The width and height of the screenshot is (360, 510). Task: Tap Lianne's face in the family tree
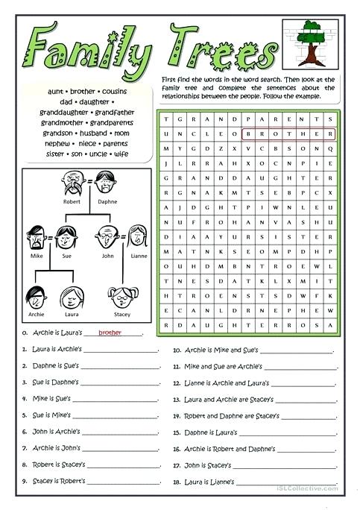138,238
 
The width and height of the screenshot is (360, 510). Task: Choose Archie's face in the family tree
36,296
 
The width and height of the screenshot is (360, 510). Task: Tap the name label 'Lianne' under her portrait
139,255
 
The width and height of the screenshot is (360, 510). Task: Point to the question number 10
177,349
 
